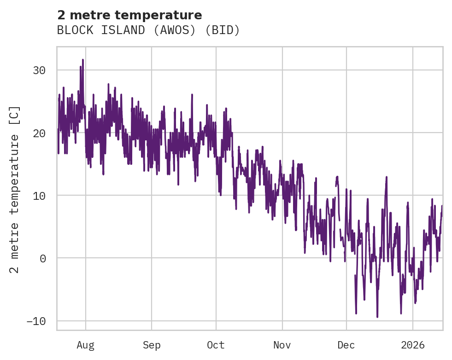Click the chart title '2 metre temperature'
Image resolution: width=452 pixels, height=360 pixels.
click(x=129, y=15)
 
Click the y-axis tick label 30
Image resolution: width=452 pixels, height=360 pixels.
click(x=39, y=70)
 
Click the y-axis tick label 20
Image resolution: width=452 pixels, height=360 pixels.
click(x=39, y=133)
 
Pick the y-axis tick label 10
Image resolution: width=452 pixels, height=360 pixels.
click(x=39, y=196)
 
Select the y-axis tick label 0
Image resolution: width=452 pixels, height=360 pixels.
click(x=42, y=258)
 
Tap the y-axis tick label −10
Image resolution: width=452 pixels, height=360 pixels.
click(x=36, y=321)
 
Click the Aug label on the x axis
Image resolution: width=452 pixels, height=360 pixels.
click(x=86, y=345)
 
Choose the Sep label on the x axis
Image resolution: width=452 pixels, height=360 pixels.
click(x=151, y=345)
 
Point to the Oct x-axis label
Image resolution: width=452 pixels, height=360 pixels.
click(x=216, y=345)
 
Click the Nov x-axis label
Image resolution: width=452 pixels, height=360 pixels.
click(x=282, y=345)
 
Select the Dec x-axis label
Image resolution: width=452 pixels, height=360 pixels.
click(x=346, y=345)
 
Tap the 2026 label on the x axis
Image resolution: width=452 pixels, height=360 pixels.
click(x=412, y=345)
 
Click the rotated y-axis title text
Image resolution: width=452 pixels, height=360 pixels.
click(x=15, y=189)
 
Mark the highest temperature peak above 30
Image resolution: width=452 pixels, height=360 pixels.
click(x=83, y=59)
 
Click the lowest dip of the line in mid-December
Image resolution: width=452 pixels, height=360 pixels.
click(x=377, y=317)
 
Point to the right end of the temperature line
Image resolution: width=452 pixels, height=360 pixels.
click(x=442, y=206)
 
